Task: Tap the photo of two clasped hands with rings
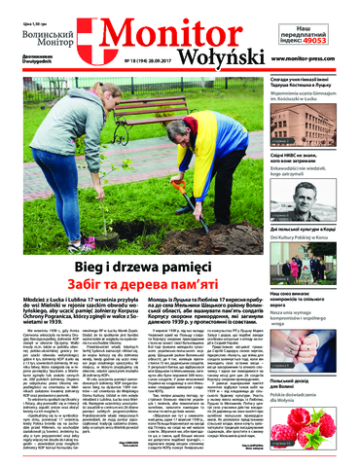[x=311, y=263]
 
